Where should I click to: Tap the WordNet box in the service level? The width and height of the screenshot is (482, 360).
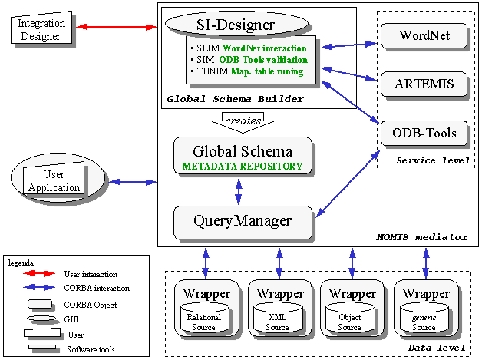(x=424, y=35)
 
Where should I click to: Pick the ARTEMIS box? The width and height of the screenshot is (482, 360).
(x=424, y=84)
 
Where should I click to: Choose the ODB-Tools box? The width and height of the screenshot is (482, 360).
(x=424, y=133)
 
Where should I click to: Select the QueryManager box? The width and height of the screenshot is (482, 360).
(x=243, y=221)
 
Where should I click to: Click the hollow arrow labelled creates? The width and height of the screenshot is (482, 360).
(x=243, y=121)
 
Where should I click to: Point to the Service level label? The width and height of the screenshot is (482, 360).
(x=426, y=159)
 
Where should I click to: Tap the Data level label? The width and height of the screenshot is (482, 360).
(x=439, y=348)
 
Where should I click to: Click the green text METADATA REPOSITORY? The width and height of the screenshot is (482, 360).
(x=243, y=166)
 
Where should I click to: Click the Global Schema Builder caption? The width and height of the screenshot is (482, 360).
(x=235, y=99)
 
